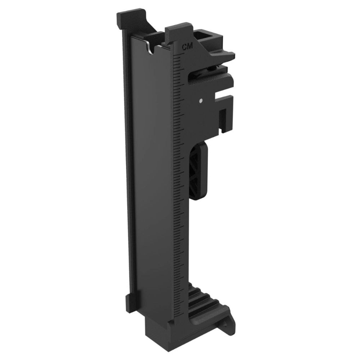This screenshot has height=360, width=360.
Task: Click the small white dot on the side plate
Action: click(201, 101)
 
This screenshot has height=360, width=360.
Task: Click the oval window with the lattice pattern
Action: click(198, 171)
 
